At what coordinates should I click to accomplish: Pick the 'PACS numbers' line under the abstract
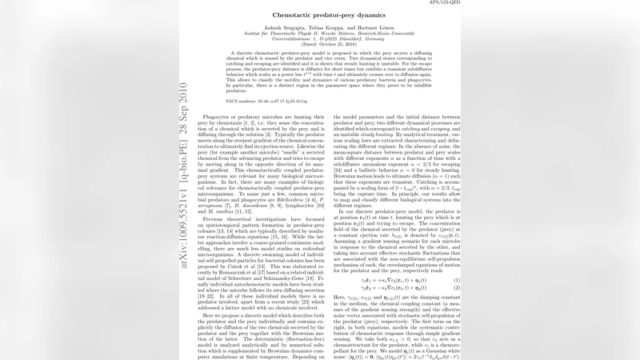[x=265, y=103]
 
